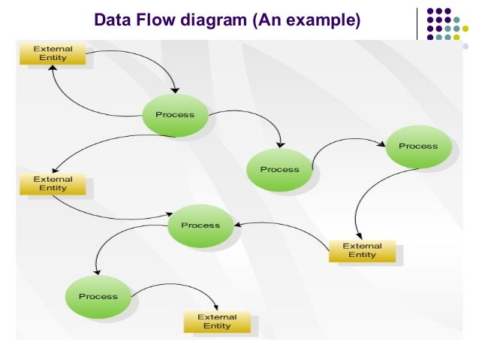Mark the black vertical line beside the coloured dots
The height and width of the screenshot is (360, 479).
tap(417, 24)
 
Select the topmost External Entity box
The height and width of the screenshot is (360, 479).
tap(53, 53)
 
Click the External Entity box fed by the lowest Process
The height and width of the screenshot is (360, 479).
tap(217, 322)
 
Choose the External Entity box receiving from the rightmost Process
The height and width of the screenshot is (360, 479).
tap(362, 250)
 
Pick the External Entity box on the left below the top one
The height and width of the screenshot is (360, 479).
tap(53, 184)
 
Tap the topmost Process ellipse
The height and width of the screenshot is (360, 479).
tap(174, 115)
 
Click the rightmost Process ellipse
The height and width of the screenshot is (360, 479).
tap(418, 147)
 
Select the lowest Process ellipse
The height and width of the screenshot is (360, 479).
tap(98, 296)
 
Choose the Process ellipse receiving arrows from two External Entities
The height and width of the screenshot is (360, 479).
tap(200, 225)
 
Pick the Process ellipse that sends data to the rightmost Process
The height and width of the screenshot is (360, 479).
tap(279, 170)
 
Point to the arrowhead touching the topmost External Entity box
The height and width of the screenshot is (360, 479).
tap(51, 68)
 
